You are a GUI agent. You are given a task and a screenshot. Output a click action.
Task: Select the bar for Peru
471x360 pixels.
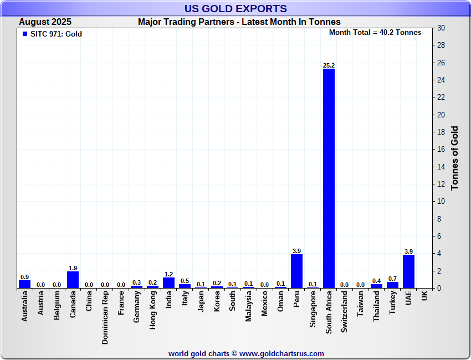click(296, 271)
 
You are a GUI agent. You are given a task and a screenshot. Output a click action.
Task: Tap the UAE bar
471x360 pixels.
click(408, 271)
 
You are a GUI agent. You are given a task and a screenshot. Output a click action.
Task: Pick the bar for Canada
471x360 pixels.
click(73, 280)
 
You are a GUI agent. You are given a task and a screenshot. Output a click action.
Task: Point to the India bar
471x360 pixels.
click(168, 282)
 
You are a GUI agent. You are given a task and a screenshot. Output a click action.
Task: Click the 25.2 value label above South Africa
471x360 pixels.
click(329, 65)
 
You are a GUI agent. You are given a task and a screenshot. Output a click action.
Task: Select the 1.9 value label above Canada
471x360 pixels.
click(73, 268)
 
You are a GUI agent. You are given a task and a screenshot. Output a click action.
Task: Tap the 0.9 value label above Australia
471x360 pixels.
click(24, 277)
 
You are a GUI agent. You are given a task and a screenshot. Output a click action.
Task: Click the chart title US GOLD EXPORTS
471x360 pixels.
click(235, 9)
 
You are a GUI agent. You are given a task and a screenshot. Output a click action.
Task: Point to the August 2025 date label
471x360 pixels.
click(45, 22)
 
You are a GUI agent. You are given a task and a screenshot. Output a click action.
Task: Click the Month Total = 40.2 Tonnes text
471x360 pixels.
click(375, 33)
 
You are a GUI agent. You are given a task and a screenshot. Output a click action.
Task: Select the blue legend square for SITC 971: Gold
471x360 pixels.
click(24, 34)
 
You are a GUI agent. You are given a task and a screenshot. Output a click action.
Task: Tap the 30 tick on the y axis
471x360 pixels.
click(441, 28)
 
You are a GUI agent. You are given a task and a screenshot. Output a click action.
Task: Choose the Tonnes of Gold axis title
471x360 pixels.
click(455, 158)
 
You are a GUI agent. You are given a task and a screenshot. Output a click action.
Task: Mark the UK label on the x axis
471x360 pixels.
click(424, 296)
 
